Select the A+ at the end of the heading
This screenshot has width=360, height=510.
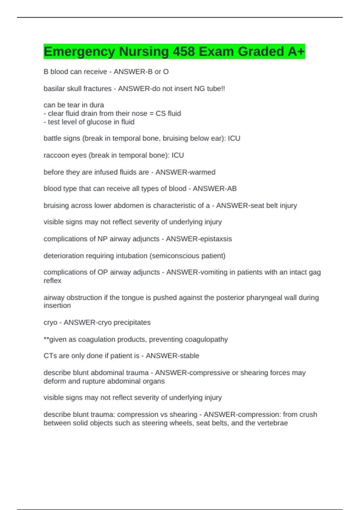(x=296, y=52)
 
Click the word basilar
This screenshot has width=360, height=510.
(x=53, y=88)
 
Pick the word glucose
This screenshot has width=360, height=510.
(x=99, y=122)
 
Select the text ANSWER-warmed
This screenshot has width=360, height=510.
(x=185, y=172)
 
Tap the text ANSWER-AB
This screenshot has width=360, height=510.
(x=214, y=188)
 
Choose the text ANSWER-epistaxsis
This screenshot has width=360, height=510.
(x=199, y=239)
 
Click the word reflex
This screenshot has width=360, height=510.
(x=52, y=280)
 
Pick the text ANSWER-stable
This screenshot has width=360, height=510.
(x=172, y=355)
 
